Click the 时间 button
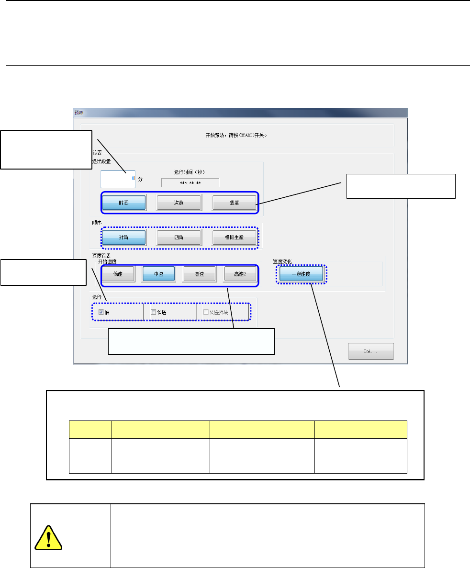124,203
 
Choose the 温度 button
234,203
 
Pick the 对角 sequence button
124,238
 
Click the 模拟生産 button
234,238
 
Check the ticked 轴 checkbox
101,312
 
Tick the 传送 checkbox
153,312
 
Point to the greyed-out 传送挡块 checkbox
206,312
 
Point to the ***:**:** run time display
190,182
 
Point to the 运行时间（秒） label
190,171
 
